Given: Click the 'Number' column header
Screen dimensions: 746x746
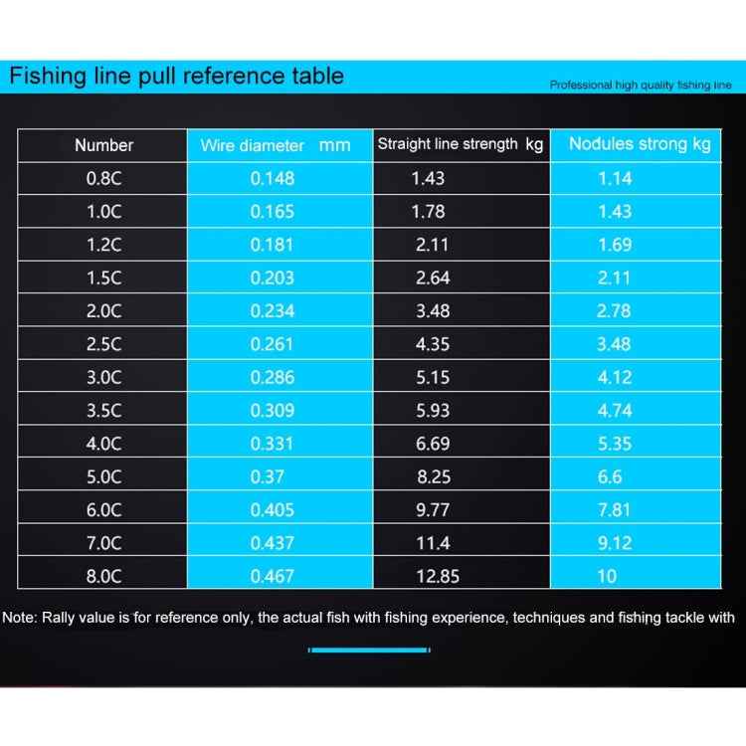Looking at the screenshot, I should [x=103, y=145].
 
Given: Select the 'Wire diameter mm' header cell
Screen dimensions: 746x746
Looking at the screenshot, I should [x=276, y=145].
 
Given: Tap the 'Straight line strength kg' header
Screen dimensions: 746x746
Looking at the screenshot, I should [x=461, y=144].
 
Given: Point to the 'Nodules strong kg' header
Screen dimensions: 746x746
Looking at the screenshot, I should [x=640, y=144].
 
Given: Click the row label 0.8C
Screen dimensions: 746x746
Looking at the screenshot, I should [x=103, y=178].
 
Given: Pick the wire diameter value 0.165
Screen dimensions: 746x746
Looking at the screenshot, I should [x=272, y=211].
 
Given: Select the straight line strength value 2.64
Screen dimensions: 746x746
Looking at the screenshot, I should [x=433, y=278].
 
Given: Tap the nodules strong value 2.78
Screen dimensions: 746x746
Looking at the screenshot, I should [x=614, y=310].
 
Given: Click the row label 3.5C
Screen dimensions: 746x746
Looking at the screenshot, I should [x=103, y=410].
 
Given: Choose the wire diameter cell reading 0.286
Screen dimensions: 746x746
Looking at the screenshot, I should [x=272, y=377].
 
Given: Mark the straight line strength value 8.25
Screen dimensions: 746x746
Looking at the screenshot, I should [x=433, y=476].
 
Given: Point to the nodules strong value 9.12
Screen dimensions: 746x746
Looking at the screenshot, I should [x=614, y=542].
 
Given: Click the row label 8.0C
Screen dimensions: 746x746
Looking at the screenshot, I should [x=103, y=576].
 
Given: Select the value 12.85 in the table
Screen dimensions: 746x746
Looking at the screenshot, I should [x=437, y=576].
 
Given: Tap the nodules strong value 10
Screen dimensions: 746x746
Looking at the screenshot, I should [x=607, y=576].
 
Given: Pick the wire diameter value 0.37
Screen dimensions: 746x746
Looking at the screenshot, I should [x=268, y=476].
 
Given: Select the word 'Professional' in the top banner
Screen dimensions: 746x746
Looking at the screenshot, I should [x=581, y=86].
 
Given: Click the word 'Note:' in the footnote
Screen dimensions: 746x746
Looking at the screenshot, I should [x=20, y=618].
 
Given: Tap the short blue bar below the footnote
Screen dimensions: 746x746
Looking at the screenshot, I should [x=369, y=650].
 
